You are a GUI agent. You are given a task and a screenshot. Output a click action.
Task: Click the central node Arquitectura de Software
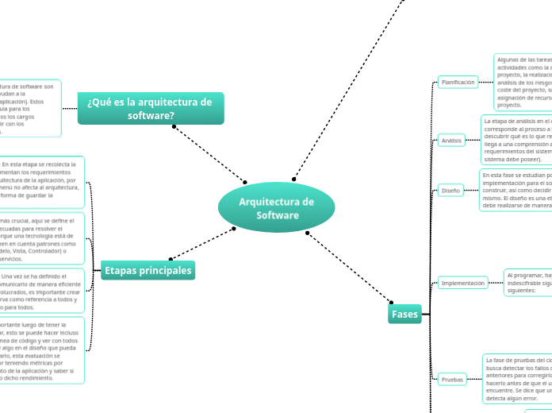point(276,208)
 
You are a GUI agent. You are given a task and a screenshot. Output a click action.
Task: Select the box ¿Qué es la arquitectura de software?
point(151,108)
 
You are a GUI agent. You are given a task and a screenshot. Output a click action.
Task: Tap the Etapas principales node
point(148,271)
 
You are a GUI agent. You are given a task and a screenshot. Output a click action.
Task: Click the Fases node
point(404,315)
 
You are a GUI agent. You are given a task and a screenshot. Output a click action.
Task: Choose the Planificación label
point(458,82)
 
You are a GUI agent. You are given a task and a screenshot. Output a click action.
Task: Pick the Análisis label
point(450,141)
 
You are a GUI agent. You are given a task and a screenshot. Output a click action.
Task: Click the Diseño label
point(450,191)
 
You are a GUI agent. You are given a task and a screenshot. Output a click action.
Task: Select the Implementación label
point(463,283)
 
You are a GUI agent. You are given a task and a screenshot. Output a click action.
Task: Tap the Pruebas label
point(452,380)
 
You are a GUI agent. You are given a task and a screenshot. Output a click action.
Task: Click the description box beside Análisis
point(516,140)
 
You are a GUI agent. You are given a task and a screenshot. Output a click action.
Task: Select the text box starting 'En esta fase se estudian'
point(516,190)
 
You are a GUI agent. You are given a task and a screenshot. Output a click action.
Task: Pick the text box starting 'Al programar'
point(528,282)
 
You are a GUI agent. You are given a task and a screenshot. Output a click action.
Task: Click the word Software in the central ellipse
point(277,216)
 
